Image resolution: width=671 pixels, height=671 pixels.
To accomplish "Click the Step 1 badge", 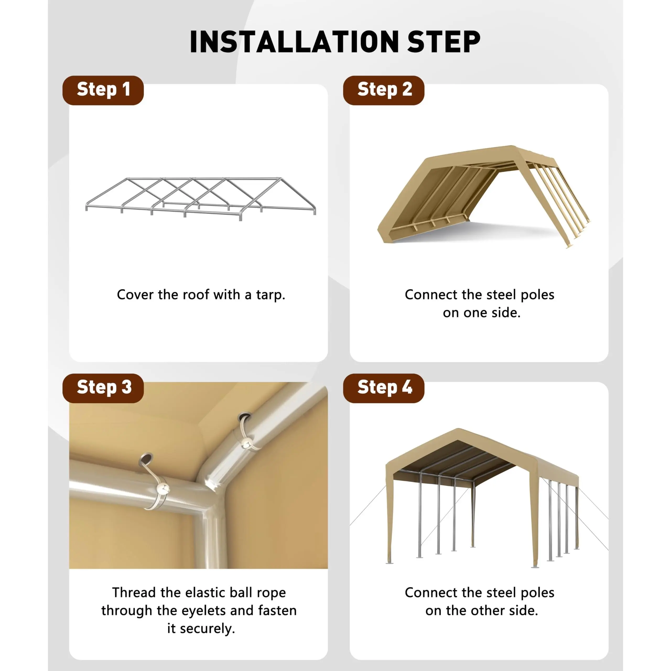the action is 103,90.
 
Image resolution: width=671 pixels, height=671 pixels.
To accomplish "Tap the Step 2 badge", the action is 383,90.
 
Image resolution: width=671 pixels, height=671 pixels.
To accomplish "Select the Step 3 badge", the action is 103,388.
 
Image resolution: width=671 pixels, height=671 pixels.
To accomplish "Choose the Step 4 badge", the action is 383,388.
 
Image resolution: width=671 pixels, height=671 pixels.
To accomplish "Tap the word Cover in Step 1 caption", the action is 135,295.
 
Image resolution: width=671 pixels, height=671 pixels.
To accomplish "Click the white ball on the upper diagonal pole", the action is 247,443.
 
